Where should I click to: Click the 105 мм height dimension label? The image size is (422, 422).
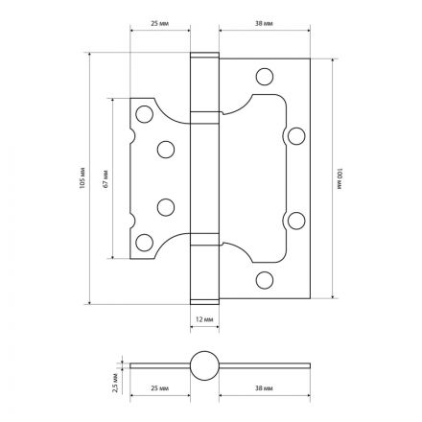(x=82, y=177)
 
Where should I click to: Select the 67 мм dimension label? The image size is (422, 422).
(x=105, y=178)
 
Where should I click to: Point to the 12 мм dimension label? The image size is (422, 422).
(x=204, y=319)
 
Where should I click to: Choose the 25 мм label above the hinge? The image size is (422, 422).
(x=159, y=23)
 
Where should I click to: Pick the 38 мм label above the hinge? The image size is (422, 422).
(x=264, y=23)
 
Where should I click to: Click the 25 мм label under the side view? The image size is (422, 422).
(x=159, y=388)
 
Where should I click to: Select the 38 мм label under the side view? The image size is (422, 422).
(x=264, y=388)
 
